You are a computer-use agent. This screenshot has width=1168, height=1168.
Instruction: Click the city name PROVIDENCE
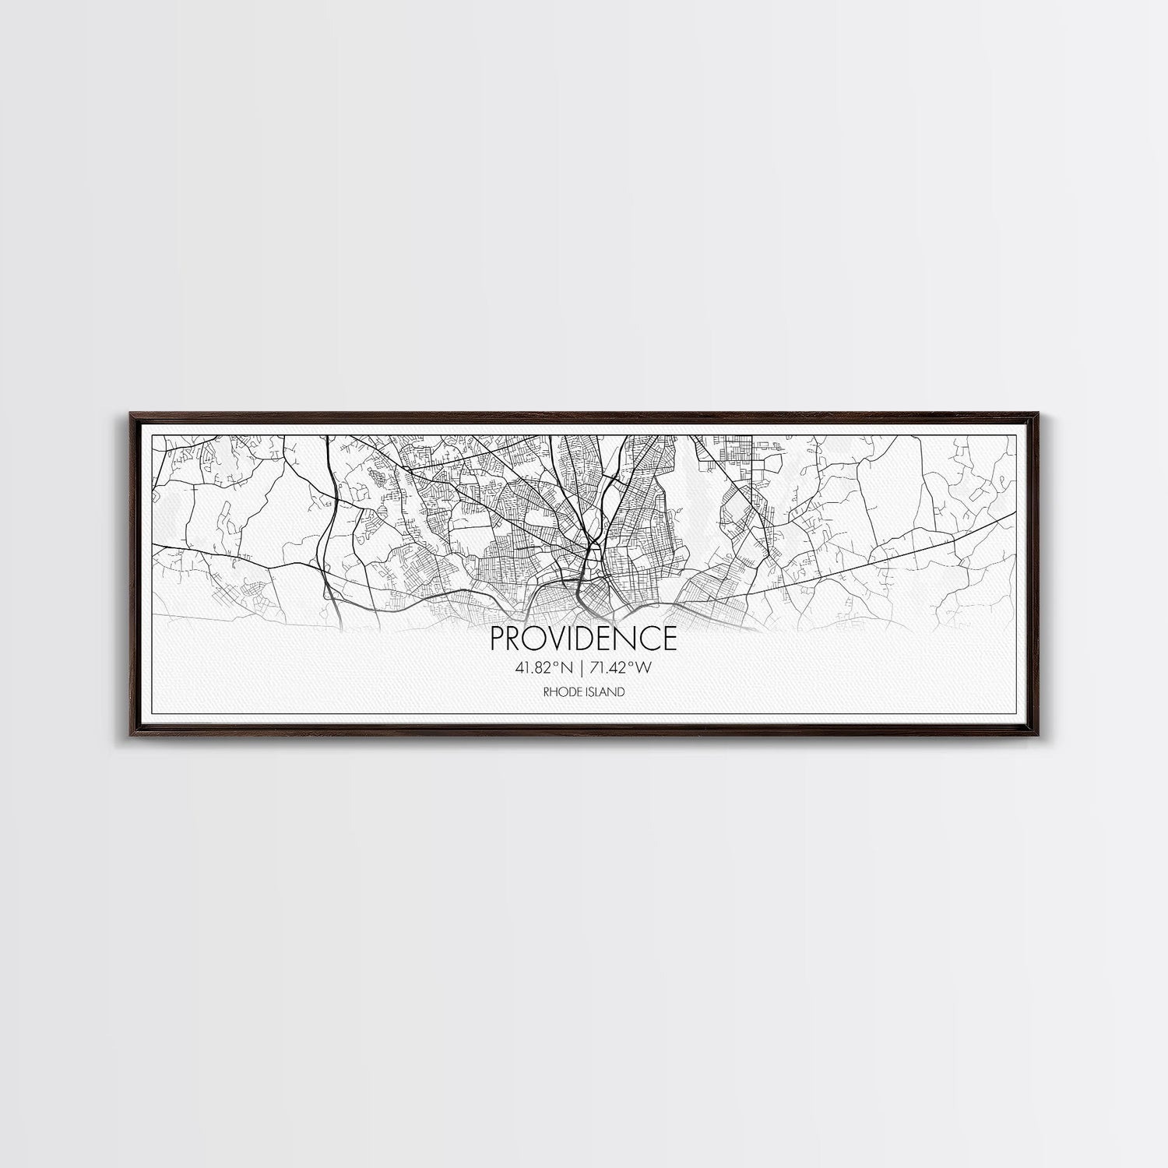coord(583,639)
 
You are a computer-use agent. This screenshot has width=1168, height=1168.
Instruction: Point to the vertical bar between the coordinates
coord(582,667)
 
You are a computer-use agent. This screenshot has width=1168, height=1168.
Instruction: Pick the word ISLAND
coord(607,691)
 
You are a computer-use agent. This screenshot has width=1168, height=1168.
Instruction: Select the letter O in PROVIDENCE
coord(533,639)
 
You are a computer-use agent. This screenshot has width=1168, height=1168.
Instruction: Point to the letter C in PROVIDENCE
coord(650,639)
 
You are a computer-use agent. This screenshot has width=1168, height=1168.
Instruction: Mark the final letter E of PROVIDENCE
coord(670,639)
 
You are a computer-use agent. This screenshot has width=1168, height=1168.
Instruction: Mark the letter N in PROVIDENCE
coord(628,639)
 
